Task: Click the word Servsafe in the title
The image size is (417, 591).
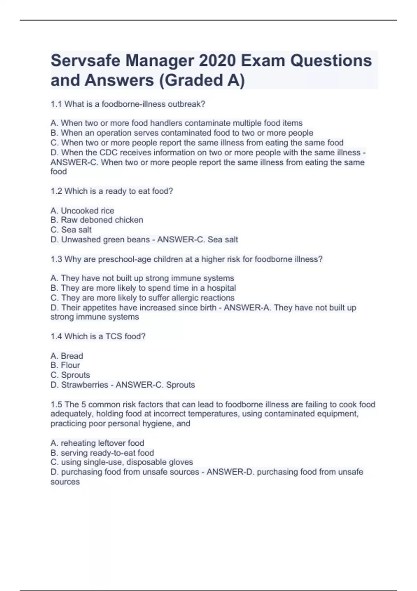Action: coord(85,61)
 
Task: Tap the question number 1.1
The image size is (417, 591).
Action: coord(56,104)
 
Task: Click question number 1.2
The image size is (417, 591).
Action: coord(56,191)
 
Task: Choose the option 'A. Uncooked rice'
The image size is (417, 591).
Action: coord(82,211)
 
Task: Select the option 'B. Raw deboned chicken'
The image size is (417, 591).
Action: coord(97,220)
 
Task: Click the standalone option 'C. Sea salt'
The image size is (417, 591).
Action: coord(71,230)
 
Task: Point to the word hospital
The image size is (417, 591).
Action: coord(221,288)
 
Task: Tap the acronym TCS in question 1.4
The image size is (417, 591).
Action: coord(114,337)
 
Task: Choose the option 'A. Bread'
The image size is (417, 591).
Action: coord(67,356)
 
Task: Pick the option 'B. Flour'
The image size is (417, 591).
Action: coord(65,365)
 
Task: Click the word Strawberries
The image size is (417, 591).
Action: coord(84,385)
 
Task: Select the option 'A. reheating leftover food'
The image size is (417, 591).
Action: coord(97,443)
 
